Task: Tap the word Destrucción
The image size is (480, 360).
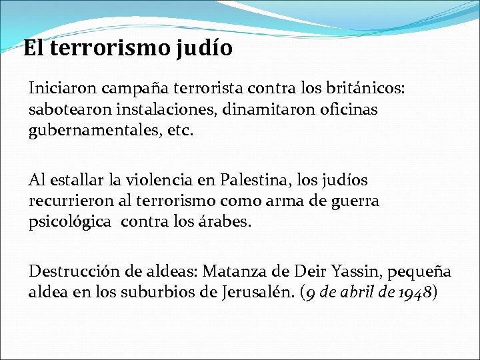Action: (71, 271)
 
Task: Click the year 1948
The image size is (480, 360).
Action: (417, 293)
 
